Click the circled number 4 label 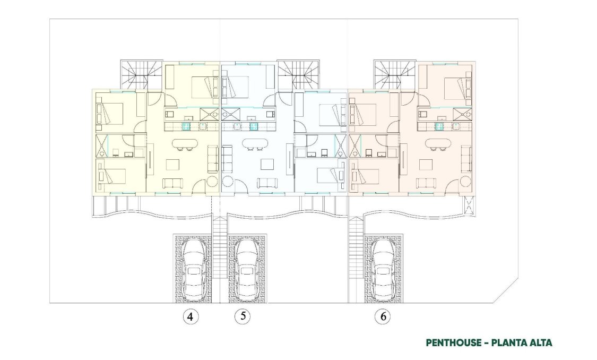191,317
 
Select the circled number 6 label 382,317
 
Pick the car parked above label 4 194,268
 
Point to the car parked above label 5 247,268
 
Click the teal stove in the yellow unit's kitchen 187,126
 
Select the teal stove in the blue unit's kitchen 254,126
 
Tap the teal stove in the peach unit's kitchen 439,126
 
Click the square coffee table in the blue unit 265,164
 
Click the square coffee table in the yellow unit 173,164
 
